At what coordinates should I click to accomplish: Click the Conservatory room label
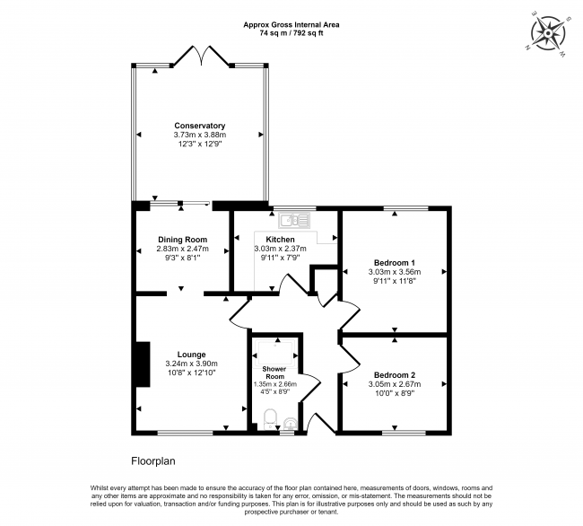199,126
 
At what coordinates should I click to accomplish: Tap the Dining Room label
183,240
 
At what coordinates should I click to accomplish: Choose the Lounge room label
191,354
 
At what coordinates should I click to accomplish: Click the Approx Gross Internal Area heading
291,24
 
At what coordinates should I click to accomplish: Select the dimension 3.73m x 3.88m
199,135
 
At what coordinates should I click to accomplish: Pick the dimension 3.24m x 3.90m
191,363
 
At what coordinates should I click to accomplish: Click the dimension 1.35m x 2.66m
274,383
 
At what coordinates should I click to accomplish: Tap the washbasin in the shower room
288,423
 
